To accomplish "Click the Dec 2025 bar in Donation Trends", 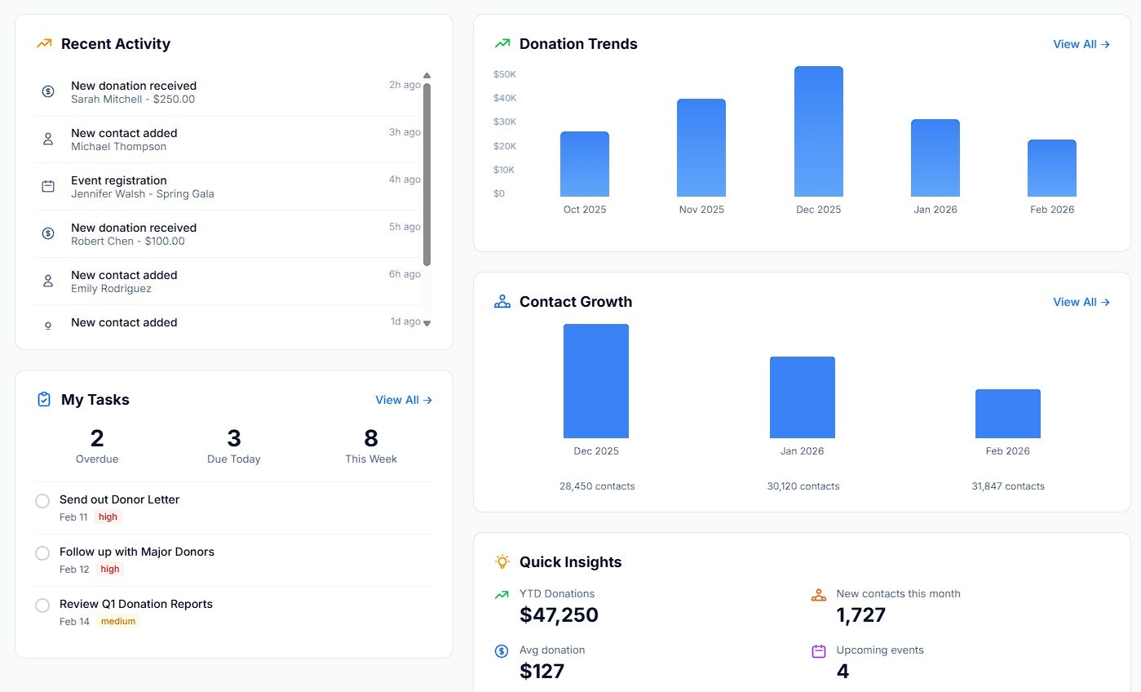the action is [x=819, y=131].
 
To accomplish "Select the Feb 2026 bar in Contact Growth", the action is [x=1007, y=413].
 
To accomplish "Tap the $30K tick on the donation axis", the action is [x=505, y=122].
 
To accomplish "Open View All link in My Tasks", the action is [x=404, y=400].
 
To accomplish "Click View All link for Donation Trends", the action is [x=1081, y=44].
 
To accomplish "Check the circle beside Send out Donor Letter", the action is [x=42, y=501].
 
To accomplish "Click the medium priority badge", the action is [x=118, y=621].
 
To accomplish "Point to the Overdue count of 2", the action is [x=97, y=437].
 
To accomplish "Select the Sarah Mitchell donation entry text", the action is [x=133, y=99].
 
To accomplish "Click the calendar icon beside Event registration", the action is [x=48, y=186].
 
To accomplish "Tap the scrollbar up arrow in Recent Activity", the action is [x=427, y=75].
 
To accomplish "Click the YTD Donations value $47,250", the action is [x=559, y=614].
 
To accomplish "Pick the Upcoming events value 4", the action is [x=842, y=671].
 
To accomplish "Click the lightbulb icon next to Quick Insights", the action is [x=502, y=561].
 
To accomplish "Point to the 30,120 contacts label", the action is [x=803, y=486].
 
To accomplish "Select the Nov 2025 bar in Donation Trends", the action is [x=701, y=147].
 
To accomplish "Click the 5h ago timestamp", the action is [x=405, y=227].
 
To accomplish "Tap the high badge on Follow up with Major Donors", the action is [x=110, y=569].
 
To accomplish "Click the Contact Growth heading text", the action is [x=576, y=302].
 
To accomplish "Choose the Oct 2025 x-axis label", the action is [x=584, y=210].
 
